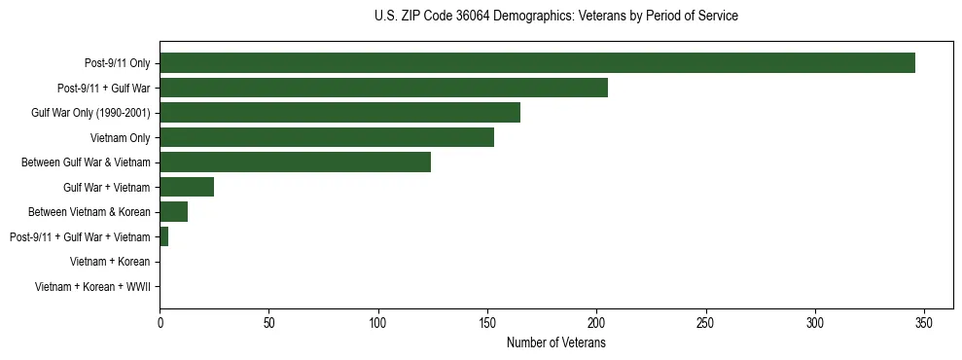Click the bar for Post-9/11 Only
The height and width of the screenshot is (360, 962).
click(x=537, y=63)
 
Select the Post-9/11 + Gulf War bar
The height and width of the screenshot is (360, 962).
click(x=383, y=88)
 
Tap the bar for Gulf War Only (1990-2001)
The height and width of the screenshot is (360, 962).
click(x=339, y=113)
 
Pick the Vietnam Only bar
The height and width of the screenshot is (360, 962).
click(x=327, y=137)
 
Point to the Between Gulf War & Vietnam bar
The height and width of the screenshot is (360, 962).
click(x=295, y=162)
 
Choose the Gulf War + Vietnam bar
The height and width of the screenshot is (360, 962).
click(x=187, y=187)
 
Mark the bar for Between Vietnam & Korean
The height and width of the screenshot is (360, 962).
click(x=173, y=212)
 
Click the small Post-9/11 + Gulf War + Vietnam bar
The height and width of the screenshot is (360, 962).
click(x=163, y=236)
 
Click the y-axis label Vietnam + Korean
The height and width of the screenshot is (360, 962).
click(x=110, y=262)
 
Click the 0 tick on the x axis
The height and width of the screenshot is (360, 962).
click(x=160, y=322)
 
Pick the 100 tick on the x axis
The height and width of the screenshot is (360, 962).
click(x=378, y=322)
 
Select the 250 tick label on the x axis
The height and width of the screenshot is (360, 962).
click(x=706, y=322)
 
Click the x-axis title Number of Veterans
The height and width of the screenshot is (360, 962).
click(x=556, y=342)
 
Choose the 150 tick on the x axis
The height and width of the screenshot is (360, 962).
click(x=487, y=322)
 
